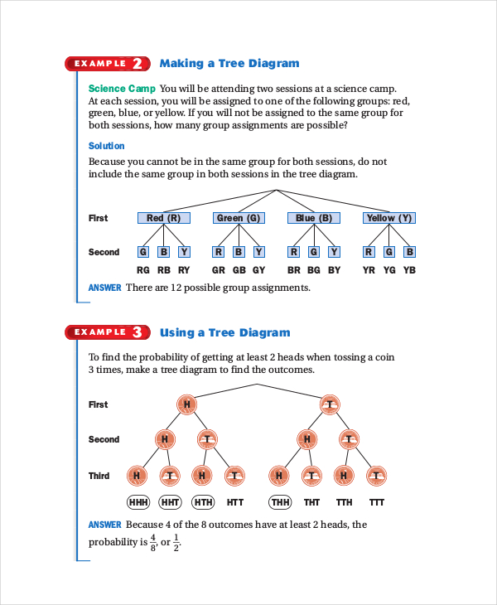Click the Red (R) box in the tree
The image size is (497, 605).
[163, 218]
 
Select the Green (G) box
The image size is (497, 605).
[239, 218]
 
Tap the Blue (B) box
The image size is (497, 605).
[314, 218]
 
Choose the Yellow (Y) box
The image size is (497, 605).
[388, 218]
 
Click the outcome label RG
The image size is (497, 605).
[143, 270]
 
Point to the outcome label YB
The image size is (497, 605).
[409, 270]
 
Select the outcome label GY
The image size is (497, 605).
[259, 270]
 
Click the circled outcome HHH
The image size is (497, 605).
[138, 502]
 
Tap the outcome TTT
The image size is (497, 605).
[377, 502]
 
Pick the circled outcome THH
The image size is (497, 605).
[281, 502]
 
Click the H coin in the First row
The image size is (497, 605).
[187, 404]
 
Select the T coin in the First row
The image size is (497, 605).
[330, 404]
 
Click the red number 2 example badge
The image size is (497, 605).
[138, 64]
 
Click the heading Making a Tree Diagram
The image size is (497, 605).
[229, 64]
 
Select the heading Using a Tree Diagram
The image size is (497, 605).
[224, 332]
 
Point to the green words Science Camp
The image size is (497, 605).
[121, 89]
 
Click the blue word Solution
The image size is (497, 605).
[106, 146]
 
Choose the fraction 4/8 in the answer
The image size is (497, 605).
[153, 544]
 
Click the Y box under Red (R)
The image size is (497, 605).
[184, 252]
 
